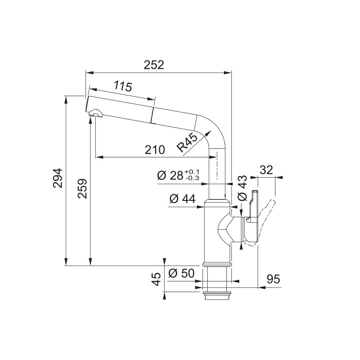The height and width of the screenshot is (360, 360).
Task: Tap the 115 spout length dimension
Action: click(123, 86)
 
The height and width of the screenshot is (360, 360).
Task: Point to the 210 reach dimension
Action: click(155, 150)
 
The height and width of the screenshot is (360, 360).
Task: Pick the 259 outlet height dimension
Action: click(82, 189)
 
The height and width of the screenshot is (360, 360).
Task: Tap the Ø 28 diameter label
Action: click(170, 176)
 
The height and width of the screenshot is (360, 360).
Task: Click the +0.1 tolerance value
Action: click(192, 172)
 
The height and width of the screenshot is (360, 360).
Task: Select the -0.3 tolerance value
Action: click(192, 178)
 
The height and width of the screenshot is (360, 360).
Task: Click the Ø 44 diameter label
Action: click(183, 199)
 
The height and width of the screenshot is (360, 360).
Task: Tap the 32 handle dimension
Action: click(266, 170)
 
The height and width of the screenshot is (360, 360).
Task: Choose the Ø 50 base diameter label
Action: click(181, 273)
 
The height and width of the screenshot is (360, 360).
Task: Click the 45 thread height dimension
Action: click(156, 279)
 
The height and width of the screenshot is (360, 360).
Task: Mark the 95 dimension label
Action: click(274, 279)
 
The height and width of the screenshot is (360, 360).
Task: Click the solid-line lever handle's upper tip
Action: click(255, 192)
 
